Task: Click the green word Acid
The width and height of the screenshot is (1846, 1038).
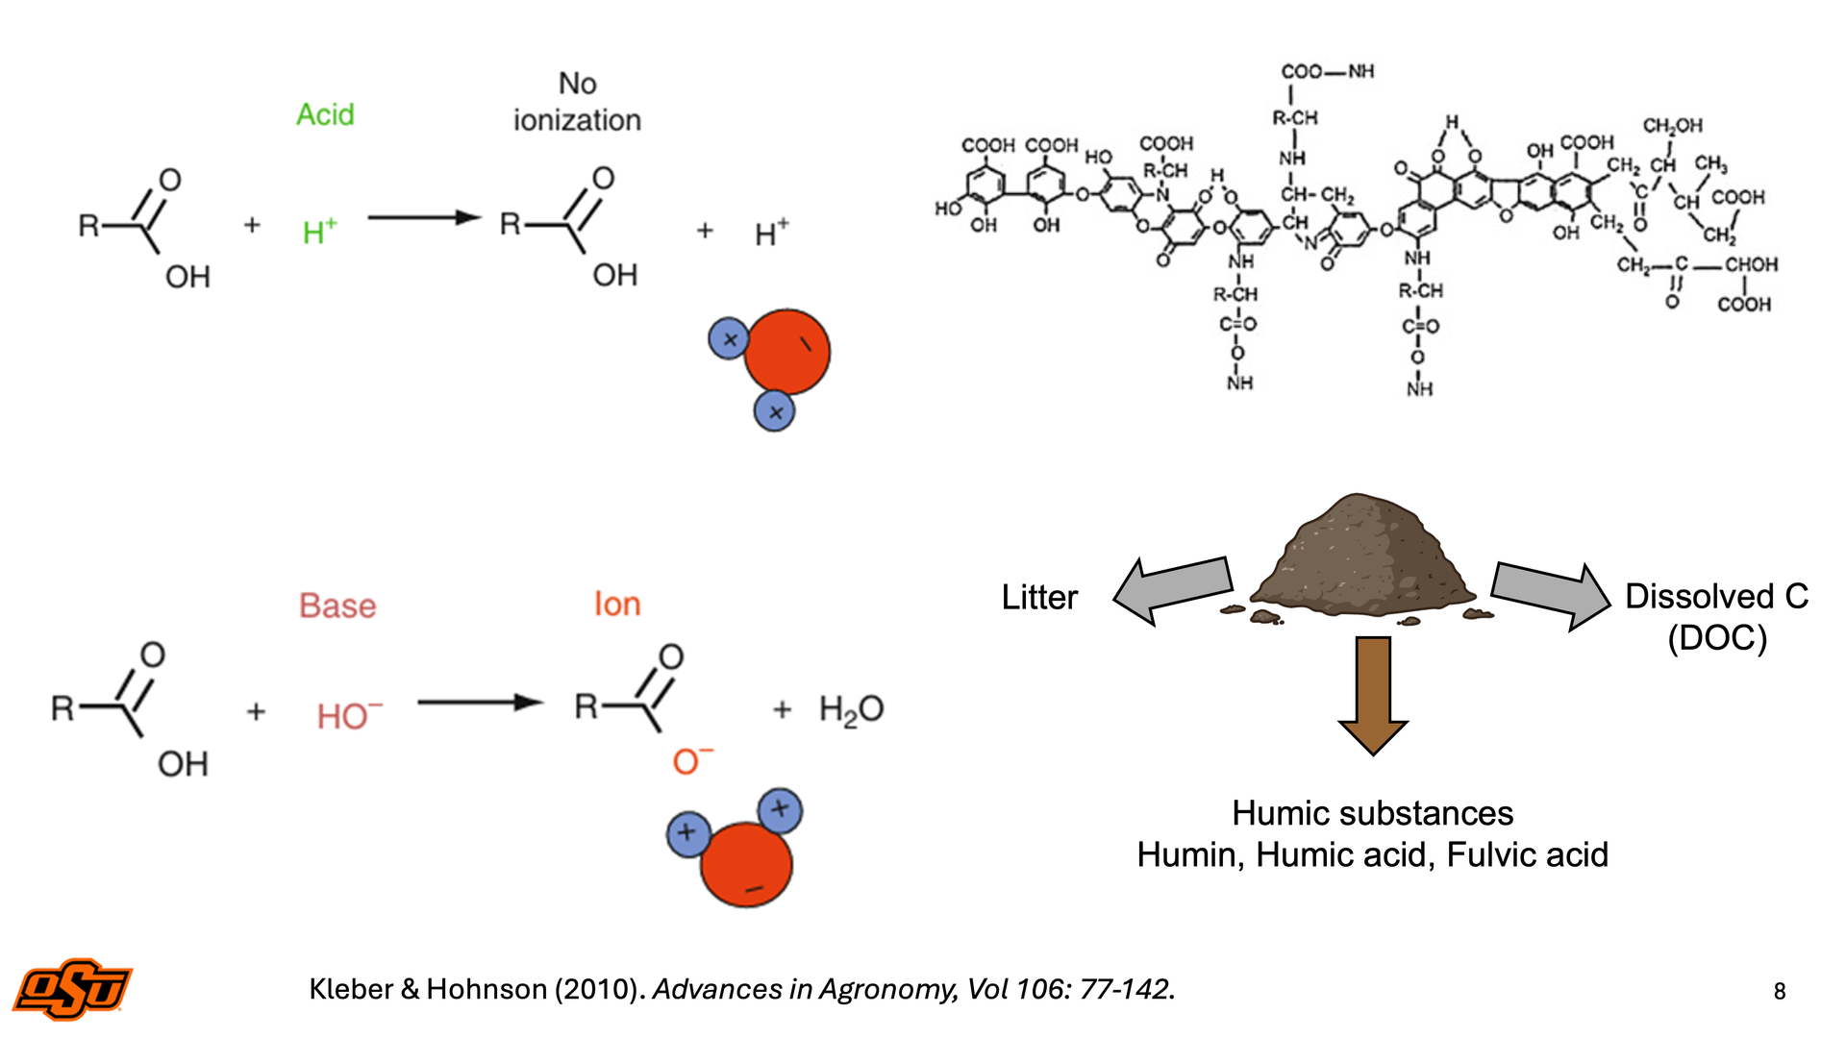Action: tap(325, 114)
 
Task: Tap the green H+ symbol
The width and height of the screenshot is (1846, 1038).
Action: tap(319, 231)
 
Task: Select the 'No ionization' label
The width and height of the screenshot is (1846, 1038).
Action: tap(577, 102)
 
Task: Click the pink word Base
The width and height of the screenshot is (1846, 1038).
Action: tap(337, 605)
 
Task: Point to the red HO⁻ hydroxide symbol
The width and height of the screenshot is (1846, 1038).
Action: tap(349, 715)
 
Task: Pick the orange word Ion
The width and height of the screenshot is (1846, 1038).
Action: tap(616, 604)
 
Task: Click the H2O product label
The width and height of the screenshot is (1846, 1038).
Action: tap(851, 709)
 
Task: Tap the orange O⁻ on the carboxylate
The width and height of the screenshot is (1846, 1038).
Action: tap(692, 760)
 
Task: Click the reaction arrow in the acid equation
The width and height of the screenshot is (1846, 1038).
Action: tap(424, 218)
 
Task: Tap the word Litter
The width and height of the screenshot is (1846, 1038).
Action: tap(1039, 597)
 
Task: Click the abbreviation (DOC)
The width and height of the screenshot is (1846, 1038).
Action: tap(1717, 638)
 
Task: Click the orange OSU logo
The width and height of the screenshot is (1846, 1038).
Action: tap(72, 988)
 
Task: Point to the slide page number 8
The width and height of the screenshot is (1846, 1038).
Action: tap(1780, 991)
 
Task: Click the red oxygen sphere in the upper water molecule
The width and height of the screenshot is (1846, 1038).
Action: tap(787, 352)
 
